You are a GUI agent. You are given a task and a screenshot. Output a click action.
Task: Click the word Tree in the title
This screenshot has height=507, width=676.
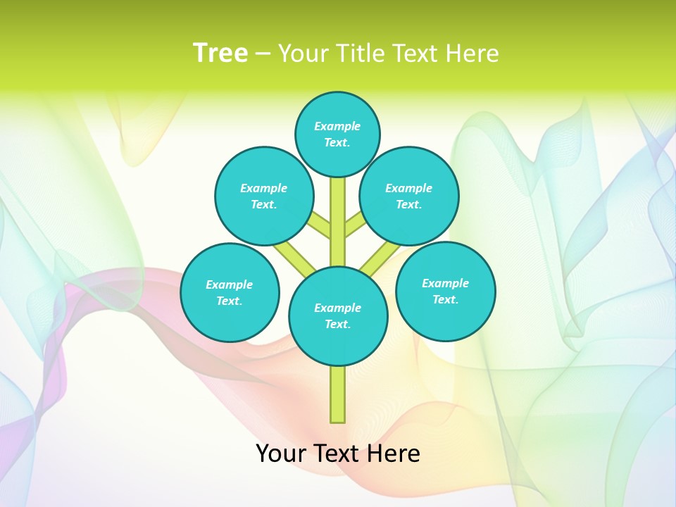pos(220,54)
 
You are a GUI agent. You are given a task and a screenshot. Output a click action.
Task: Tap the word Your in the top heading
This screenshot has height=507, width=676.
pos(303,54)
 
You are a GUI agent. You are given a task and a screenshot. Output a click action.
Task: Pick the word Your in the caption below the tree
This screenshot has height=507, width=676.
pos(281,453)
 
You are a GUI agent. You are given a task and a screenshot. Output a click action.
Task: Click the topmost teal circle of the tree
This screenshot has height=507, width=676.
pos(337,134)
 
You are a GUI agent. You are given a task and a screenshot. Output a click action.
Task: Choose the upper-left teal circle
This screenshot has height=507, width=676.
pos(264,196)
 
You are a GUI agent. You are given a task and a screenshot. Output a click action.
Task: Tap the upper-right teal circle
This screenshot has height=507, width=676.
pos(409,196)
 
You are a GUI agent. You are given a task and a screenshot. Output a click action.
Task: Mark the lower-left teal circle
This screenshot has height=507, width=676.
pos(230,292)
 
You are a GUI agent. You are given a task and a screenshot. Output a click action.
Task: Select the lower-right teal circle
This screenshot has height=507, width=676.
pos(445,291)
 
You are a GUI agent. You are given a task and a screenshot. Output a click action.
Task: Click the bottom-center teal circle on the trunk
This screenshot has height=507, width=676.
pos(338,316)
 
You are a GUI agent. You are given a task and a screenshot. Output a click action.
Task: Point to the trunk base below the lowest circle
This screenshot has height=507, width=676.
pos(338,394)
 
